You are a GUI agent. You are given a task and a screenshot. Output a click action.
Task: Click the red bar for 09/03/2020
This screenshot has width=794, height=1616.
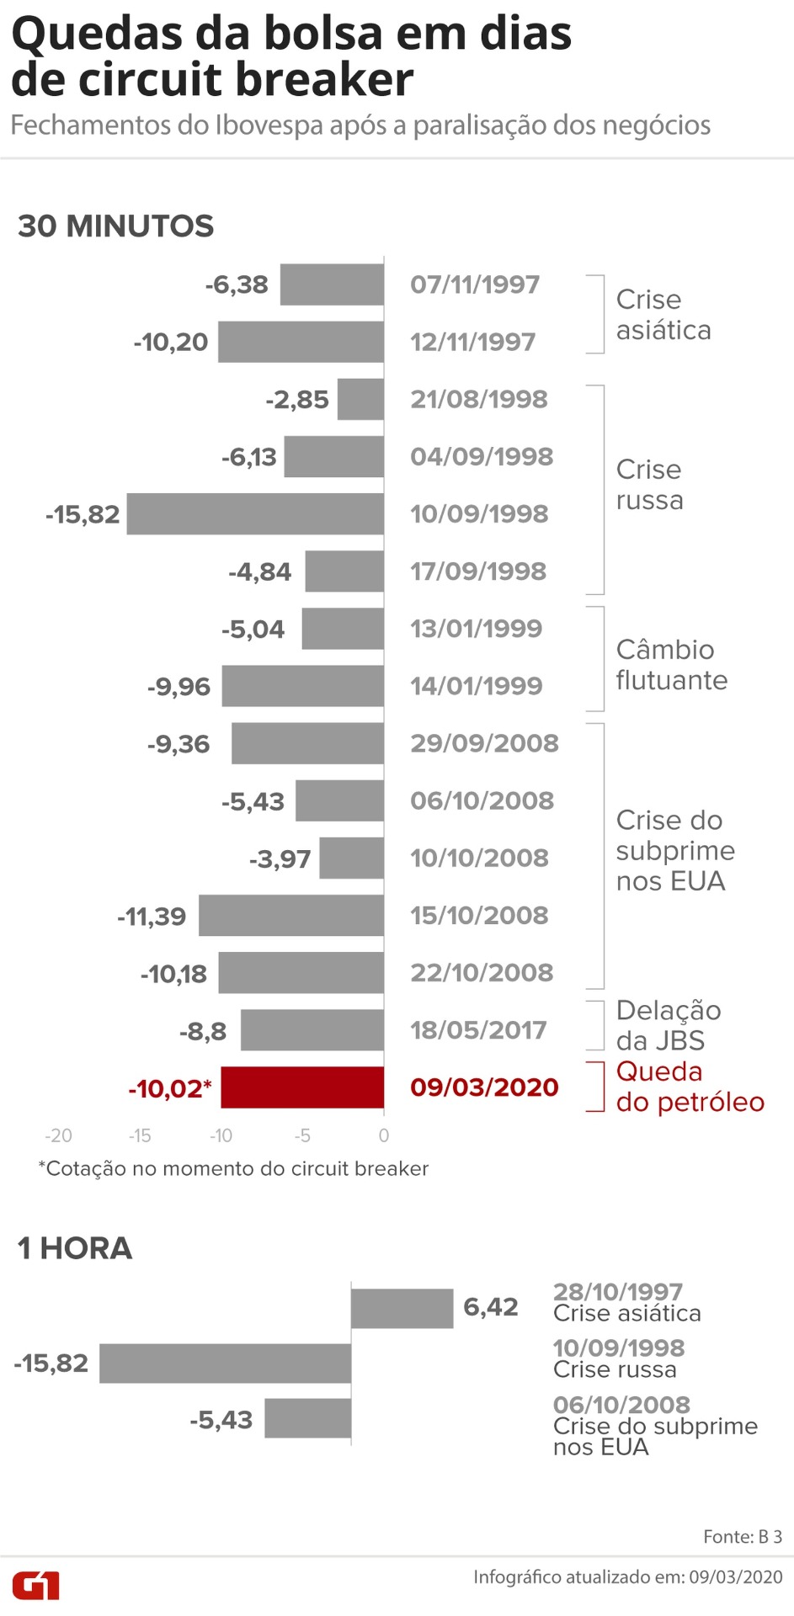302,1087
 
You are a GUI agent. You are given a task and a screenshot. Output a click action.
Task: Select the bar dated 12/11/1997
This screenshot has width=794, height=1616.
301,342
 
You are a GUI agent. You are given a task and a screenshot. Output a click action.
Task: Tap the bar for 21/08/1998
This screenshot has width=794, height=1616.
360,399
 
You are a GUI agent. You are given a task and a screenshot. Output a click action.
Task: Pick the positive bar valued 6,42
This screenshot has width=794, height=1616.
402,1308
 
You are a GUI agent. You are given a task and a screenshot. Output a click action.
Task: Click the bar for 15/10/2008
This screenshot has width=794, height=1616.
291,915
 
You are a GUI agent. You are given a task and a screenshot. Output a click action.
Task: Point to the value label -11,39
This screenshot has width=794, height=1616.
152,916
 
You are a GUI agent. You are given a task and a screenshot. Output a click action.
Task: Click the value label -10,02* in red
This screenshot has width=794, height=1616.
169,1088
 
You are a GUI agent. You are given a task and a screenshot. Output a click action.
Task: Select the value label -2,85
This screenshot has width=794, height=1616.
296,399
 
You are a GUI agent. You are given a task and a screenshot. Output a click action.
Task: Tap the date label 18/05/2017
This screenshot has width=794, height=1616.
478,1029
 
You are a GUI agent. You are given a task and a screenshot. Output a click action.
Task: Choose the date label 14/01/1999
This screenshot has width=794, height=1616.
477,685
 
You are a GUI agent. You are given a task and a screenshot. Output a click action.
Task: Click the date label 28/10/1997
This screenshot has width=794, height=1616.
617,1291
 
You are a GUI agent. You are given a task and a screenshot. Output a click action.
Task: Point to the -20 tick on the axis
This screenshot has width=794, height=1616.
58,1135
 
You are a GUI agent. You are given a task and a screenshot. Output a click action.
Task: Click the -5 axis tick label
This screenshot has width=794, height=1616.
302,1135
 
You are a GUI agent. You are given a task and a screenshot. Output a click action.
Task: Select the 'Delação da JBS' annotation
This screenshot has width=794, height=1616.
668,1025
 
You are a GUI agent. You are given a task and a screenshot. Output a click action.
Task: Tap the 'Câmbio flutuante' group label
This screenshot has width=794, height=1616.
671,664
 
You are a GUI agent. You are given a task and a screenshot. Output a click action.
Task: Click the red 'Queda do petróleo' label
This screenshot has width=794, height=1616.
690,1087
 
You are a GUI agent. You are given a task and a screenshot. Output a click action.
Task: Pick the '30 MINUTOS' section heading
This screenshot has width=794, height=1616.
116,226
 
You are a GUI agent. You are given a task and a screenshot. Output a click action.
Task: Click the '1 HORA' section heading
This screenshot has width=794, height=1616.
75,1247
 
